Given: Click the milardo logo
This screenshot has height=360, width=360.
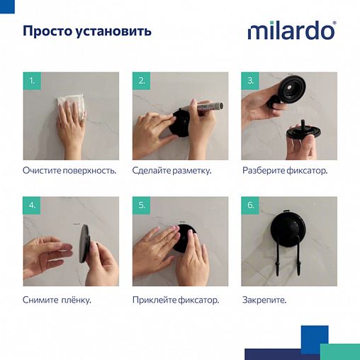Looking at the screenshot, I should click(291, 31).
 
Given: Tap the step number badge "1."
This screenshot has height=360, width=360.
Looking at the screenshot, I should click(31, 81).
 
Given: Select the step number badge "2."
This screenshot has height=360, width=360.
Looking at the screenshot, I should click(141, 81).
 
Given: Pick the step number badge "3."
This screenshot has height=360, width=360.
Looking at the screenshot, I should click(250, 81).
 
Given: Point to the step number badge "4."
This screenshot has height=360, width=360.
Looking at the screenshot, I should click(31, 206).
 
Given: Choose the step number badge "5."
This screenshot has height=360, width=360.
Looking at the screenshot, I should click(141, 206).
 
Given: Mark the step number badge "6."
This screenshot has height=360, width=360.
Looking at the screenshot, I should click(250, 206).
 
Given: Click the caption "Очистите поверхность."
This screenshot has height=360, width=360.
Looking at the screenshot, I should click(69, 171).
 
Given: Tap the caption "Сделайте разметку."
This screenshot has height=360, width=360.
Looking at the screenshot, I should click(171, 171).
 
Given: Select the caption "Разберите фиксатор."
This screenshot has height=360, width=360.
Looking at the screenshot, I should click(285, 171).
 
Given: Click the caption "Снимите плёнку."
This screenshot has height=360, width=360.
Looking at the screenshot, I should click(57, 300).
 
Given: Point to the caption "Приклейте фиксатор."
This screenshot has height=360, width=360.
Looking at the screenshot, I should click(176, 300).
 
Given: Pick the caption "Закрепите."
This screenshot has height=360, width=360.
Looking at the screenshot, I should click(264, 300).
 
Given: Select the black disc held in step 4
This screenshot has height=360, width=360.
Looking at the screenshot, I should click(84, 244).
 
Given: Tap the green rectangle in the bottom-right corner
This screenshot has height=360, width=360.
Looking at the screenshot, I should click(339, 351).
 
